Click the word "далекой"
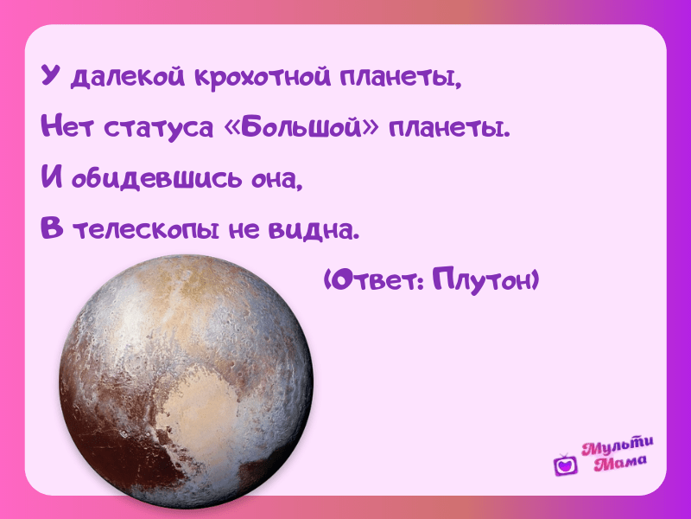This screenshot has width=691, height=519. pyautogui.click(x=128, y=77)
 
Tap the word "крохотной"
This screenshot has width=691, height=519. pyautogui.click(x=263, y=77)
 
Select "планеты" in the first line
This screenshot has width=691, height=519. pyautogui.click(x=400, y=78)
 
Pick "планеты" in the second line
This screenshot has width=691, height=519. pyautogui.click(x=449, y=128)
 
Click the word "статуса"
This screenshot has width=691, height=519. pyautogui.click(x=159, y=128)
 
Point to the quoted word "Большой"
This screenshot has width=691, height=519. pyautogui.click(x=301, y=127)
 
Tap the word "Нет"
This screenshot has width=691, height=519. pyautogui.click(x=67, y=126)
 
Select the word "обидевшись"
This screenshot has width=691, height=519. pyautogui.click(x=157, y=179)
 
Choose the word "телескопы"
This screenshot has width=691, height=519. pyautogui.click(x=146, y=230)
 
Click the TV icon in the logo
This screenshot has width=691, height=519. pyautogui.click(x=566, y=465)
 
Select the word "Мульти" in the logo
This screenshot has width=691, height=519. pyautogui.click(x=617, y=446)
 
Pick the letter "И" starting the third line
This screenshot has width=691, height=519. pyautogui.click(x=52, y=176)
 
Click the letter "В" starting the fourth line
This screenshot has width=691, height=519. pyautogui.click(x=52, y=227)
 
